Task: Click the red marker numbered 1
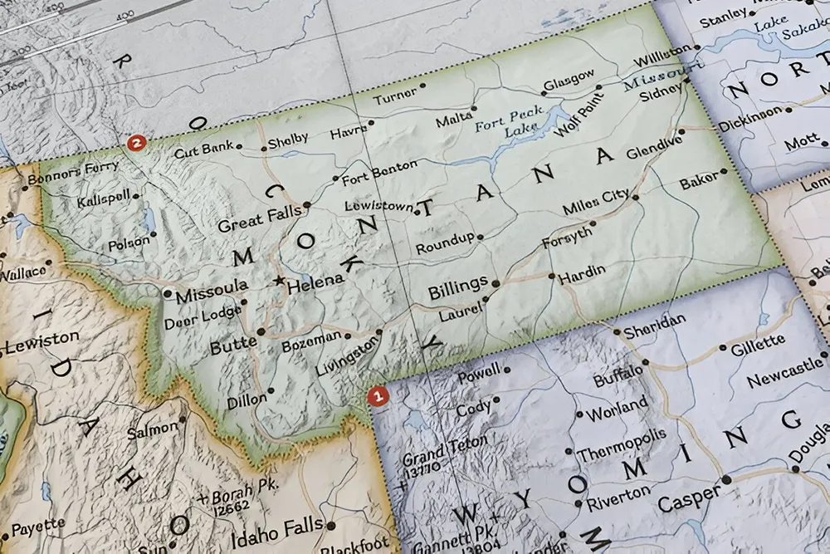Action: pos(378,397)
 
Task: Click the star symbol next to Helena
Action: pos(279,281)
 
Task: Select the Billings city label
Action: pos(457,287)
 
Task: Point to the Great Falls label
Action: pos(259,218)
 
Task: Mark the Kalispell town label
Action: pos(104,201)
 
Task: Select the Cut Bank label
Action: pos(204,152)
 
